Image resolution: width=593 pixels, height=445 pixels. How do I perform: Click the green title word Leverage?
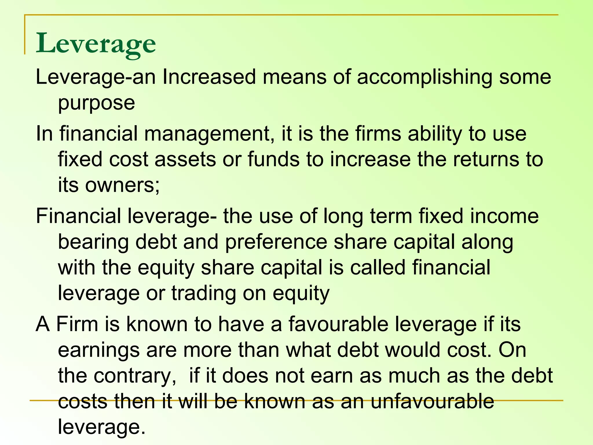click(96, 43)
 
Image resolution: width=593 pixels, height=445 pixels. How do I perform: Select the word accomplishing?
click(424, 78)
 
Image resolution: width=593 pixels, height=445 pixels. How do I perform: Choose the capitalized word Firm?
click(77, 324)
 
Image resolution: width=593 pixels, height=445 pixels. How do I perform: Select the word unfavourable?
click(432, 402)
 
